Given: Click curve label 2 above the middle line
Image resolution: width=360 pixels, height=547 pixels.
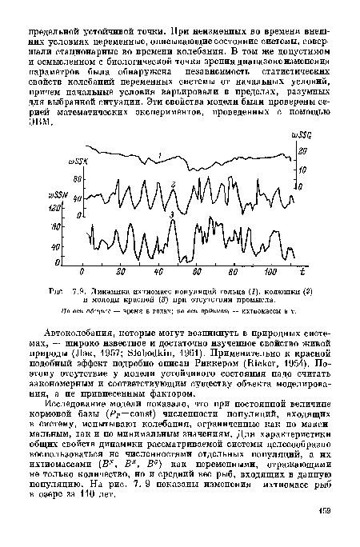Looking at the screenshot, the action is pyautogui.click(x=173, y=185).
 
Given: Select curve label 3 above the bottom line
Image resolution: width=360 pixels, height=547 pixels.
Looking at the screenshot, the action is pyautogui.click(x=173, y=215).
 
